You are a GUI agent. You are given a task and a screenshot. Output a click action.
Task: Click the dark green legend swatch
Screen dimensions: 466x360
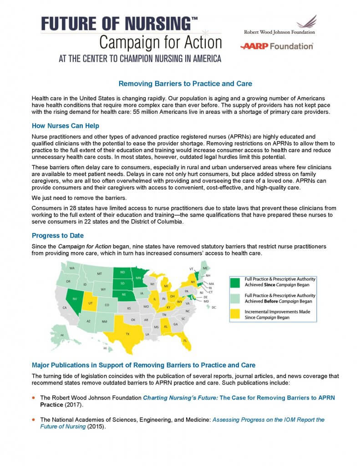(236, 282)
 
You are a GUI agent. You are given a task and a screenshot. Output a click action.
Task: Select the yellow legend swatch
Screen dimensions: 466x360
(236, 314)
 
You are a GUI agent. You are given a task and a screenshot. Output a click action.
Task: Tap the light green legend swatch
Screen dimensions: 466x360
(236, 298)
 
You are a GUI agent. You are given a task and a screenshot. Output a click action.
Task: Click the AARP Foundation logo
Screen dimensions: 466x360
(277, 46)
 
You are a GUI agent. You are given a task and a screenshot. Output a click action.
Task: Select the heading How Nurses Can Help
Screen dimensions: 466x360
(66, 126)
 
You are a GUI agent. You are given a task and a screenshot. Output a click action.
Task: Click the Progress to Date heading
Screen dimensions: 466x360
(57, 235)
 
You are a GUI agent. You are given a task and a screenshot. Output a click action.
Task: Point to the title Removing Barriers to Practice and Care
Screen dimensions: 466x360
(185, 84)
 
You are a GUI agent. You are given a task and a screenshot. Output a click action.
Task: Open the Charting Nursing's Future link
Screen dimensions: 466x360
(181, 398)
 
